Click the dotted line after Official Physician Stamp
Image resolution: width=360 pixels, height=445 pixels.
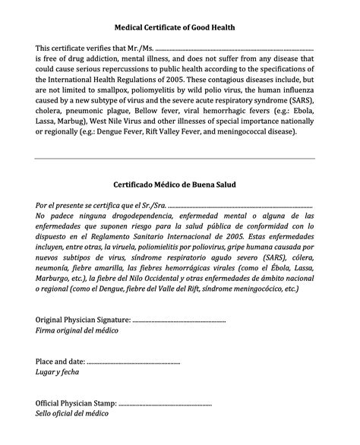pos(166,402)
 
